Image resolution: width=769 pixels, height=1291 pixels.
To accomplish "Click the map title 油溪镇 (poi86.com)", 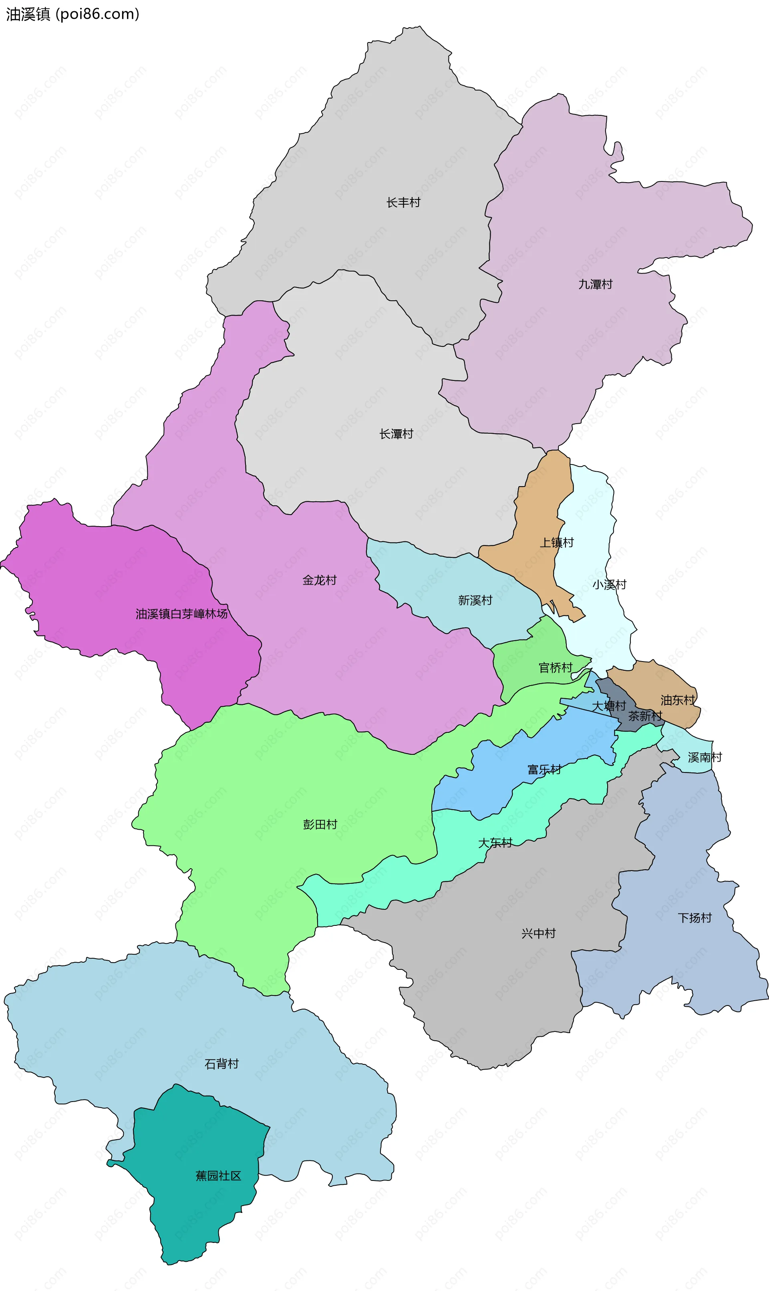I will pos(72,14).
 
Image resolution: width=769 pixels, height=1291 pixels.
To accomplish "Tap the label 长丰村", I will pos(403,203).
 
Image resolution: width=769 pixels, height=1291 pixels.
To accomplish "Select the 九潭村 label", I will pos(596,284).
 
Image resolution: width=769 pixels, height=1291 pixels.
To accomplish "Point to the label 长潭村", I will pos(397,434).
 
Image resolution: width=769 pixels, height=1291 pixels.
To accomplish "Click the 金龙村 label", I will pos(320,580).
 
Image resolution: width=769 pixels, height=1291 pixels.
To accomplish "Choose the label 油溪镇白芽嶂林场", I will pos(181,614).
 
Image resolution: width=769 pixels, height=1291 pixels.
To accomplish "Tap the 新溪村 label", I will pos(475,600).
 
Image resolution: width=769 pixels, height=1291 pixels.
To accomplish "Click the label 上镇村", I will pos(557,543).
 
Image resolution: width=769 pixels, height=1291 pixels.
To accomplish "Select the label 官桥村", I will pos(556,668).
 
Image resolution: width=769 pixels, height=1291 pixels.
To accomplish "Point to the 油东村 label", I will pos(678,700).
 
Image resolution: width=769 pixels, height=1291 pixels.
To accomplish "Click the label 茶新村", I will pos(645,716).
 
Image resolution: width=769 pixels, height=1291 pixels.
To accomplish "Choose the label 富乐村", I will pos(544,770).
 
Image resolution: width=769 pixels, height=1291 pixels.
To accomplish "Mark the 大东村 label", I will pos(495,843).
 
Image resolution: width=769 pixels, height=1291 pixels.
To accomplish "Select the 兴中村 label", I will pos(538,933).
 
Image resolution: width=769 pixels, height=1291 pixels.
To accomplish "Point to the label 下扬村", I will pos(695,918).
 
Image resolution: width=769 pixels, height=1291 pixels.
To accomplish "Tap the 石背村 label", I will pos(222,1064).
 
